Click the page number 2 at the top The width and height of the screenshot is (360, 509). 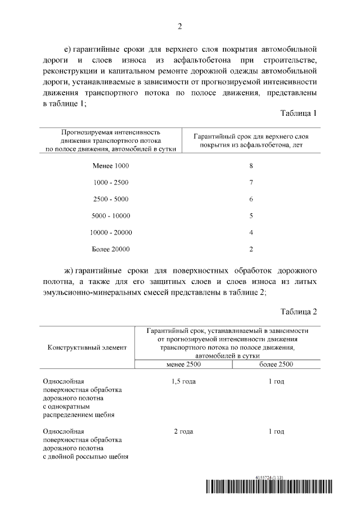(180, 26)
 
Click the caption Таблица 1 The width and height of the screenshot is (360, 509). (299, 113)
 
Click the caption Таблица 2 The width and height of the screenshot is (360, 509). (299, 311)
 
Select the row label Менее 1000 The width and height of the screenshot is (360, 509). (110, 166)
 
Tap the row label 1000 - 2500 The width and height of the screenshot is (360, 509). (111, 183)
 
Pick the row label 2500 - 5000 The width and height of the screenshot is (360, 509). (111, 199)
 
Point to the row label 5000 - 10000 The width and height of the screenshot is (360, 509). (111, 215)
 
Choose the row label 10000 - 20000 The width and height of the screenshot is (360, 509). (111, 232)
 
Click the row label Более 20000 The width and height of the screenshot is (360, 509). (111, 249)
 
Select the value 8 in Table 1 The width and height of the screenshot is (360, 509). (251, 166)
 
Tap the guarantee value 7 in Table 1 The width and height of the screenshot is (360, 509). (251, 183)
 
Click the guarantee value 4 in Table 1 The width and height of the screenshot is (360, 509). (251, 232)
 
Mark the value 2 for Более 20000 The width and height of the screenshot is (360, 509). (251, 249)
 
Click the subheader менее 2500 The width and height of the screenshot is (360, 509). (183, 364)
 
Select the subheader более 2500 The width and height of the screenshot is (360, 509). (276, 364)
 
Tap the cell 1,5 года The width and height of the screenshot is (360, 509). (183, 382)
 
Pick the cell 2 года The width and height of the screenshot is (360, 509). (183, 431)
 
